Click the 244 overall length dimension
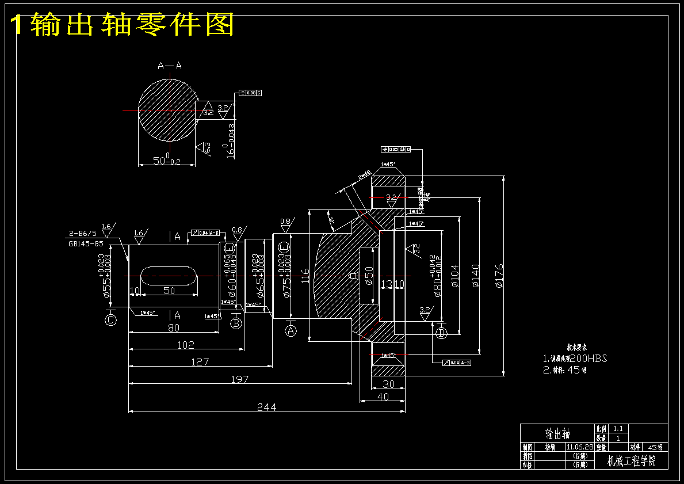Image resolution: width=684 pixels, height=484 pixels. pyautogui.click(x=266, y=407)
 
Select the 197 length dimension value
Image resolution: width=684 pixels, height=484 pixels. pyautogui.click(x=239, y=379)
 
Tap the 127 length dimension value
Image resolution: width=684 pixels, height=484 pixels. pyautogui.click(x=200, y=362)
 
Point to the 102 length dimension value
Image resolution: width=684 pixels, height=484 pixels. pyautogui.click(x=185, y=345)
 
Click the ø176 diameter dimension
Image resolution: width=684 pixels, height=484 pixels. pyautogui.click(x=499, y=275)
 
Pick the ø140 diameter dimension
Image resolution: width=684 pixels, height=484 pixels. pyautogui.click(x=475, y=275)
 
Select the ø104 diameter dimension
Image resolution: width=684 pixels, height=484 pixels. pyautogui.click(x=454, y=275)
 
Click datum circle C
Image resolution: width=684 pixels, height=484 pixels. pyautogui.click(x=111, y=320)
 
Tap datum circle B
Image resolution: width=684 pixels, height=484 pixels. pyautogui.click(x=236, y=323)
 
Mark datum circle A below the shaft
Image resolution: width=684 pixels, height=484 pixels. pyautogui.click(x=291, y=330)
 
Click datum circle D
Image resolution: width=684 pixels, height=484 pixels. pyautogui.click(x=442, y=333)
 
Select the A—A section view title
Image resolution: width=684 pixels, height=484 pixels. pyautogui.click(x=170, y=66)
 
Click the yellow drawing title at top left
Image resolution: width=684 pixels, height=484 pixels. pyautogui.click(x=123, y=25)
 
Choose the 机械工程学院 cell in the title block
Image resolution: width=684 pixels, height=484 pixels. pyautogui.click(x=631, y=461)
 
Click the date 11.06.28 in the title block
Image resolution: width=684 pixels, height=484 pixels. pyautogui.click(x=579, y=447)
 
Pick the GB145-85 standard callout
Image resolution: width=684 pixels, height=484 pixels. pyautogui.click(x=86, y=243)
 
